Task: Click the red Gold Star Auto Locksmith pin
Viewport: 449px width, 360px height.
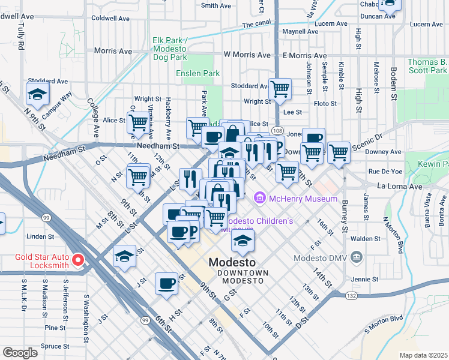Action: (77, 260)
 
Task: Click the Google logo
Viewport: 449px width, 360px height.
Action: (20, 353)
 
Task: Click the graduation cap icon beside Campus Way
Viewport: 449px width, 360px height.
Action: (38, 94)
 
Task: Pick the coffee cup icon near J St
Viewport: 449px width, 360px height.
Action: (166, 283)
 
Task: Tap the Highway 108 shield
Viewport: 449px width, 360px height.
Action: (277, 130)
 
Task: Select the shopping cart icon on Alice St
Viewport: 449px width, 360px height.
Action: (138, 122)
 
